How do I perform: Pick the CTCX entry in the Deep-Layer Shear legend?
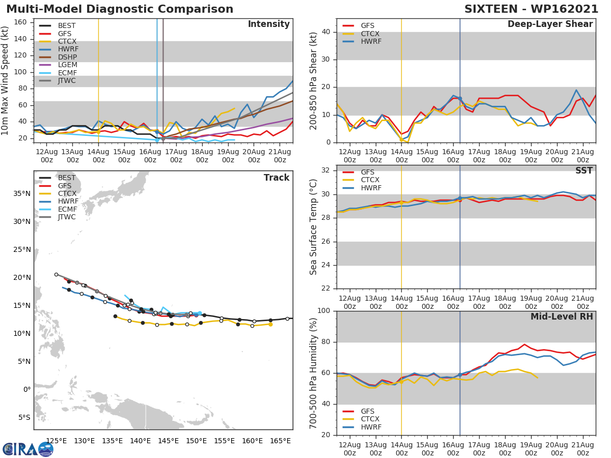pyautogui.click(x=370, y=34)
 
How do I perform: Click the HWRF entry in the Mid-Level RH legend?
pyautogui.click(x=371, y=427)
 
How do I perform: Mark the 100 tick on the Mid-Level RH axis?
pyautogui.click(x=325, y=311)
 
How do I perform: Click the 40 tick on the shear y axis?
pyautogui.click(x=327, y=32)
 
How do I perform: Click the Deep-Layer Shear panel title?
pyautogui.click(x=550, y=24)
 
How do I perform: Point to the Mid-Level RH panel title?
pyautogui.click(x=562, y=317)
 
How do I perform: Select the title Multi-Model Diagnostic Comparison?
pyautogui.click(x=120, y=9)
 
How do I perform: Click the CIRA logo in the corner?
pyautogui.click(x=28, y=449)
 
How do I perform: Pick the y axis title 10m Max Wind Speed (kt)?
pyautogui.click(x=6, y=80)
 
